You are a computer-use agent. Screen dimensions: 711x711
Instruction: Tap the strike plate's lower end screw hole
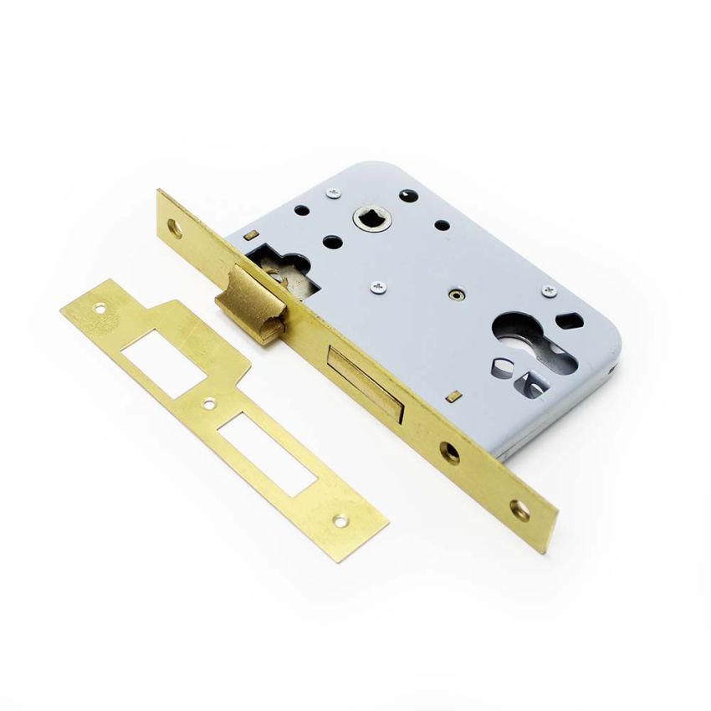(340, 520)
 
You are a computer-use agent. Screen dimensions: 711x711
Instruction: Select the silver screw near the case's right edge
(549, 290)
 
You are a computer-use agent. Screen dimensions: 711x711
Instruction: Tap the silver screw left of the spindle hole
(333, 194)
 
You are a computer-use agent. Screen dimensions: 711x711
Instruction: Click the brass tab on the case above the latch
(248, 237)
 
